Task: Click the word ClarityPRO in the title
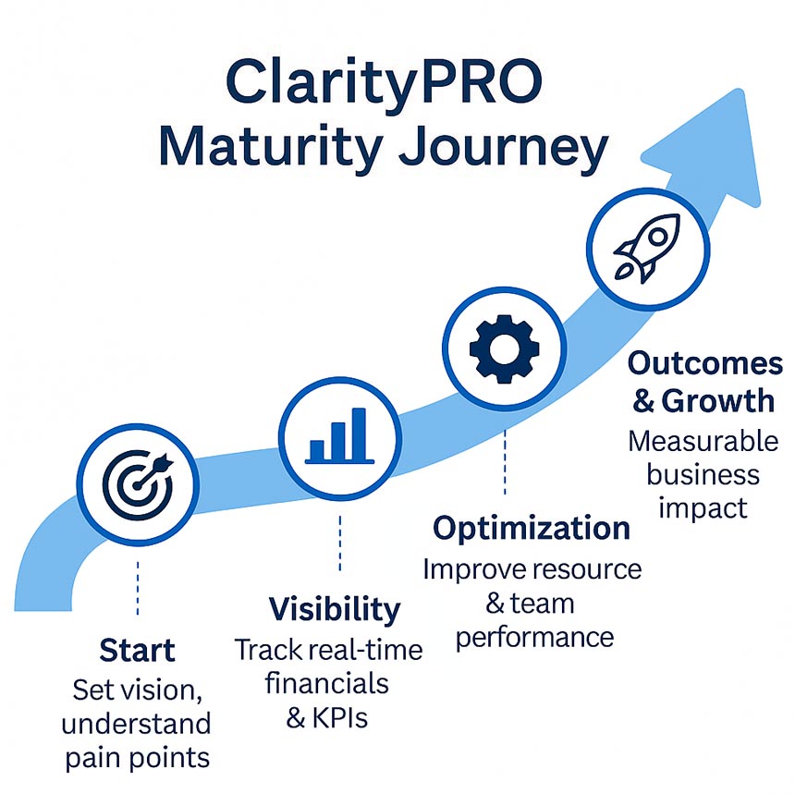point(384,83)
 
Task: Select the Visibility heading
point(335,609)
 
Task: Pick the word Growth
point(730,401)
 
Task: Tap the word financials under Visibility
point(326,683)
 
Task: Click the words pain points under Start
point(137,757)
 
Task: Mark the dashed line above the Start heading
point(137,586)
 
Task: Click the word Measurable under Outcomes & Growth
point(703,441)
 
